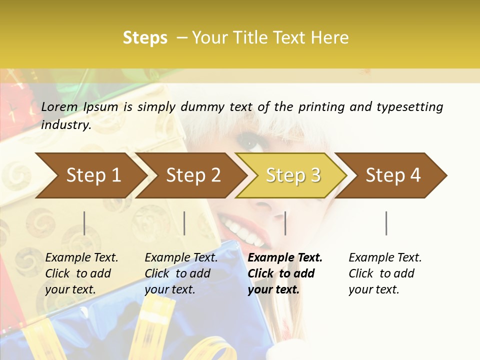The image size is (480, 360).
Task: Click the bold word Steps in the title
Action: click(145, 38)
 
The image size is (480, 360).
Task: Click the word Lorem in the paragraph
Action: click(59, 106)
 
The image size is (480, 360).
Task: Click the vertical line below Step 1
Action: click(84, 223)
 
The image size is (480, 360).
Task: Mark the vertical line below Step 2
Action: click(184, 223)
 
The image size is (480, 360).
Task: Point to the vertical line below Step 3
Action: click(285, 223)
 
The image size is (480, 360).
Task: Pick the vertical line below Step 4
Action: click(386, 223)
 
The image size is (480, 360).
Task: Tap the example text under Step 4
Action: click(384, 273)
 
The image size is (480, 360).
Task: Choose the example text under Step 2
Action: click(180, 273)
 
